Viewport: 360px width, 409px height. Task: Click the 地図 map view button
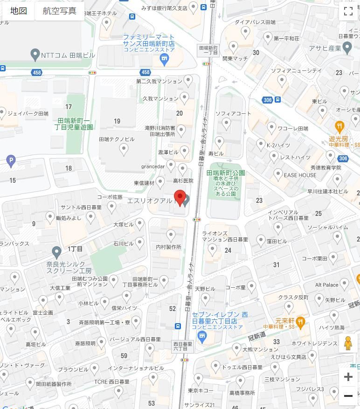[x=19, y=11]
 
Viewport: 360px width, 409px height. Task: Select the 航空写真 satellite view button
[x=59, y=11]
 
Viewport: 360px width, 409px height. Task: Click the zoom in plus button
[x=348, y=377]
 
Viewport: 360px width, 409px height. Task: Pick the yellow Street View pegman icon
[x=347, y=343]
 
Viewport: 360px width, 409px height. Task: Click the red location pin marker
[x=180, y=198]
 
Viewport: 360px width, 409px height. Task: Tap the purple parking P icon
[x=11, y=161]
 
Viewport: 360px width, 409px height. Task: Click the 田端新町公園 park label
[x=226, y=173]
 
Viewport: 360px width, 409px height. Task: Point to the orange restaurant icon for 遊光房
[x=339, y=125]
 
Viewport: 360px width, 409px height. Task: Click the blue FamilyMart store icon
[x=164, y=58]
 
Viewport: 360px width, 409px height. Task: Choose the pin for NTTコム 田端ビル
[x=35, y=55]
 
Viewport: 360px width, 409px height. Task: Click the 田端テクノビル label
[x=117, y=139]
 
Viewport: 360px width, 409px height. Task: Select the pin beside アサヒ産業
[x=346, y=47]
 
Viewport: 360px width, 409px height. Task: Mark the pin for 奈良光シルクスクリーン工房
[x=57, y=252]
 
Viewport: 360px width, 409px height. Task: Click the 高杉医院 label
[x=183, y=180]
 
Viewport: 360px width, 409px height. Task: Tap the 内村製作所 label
[x=168, y=247]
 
